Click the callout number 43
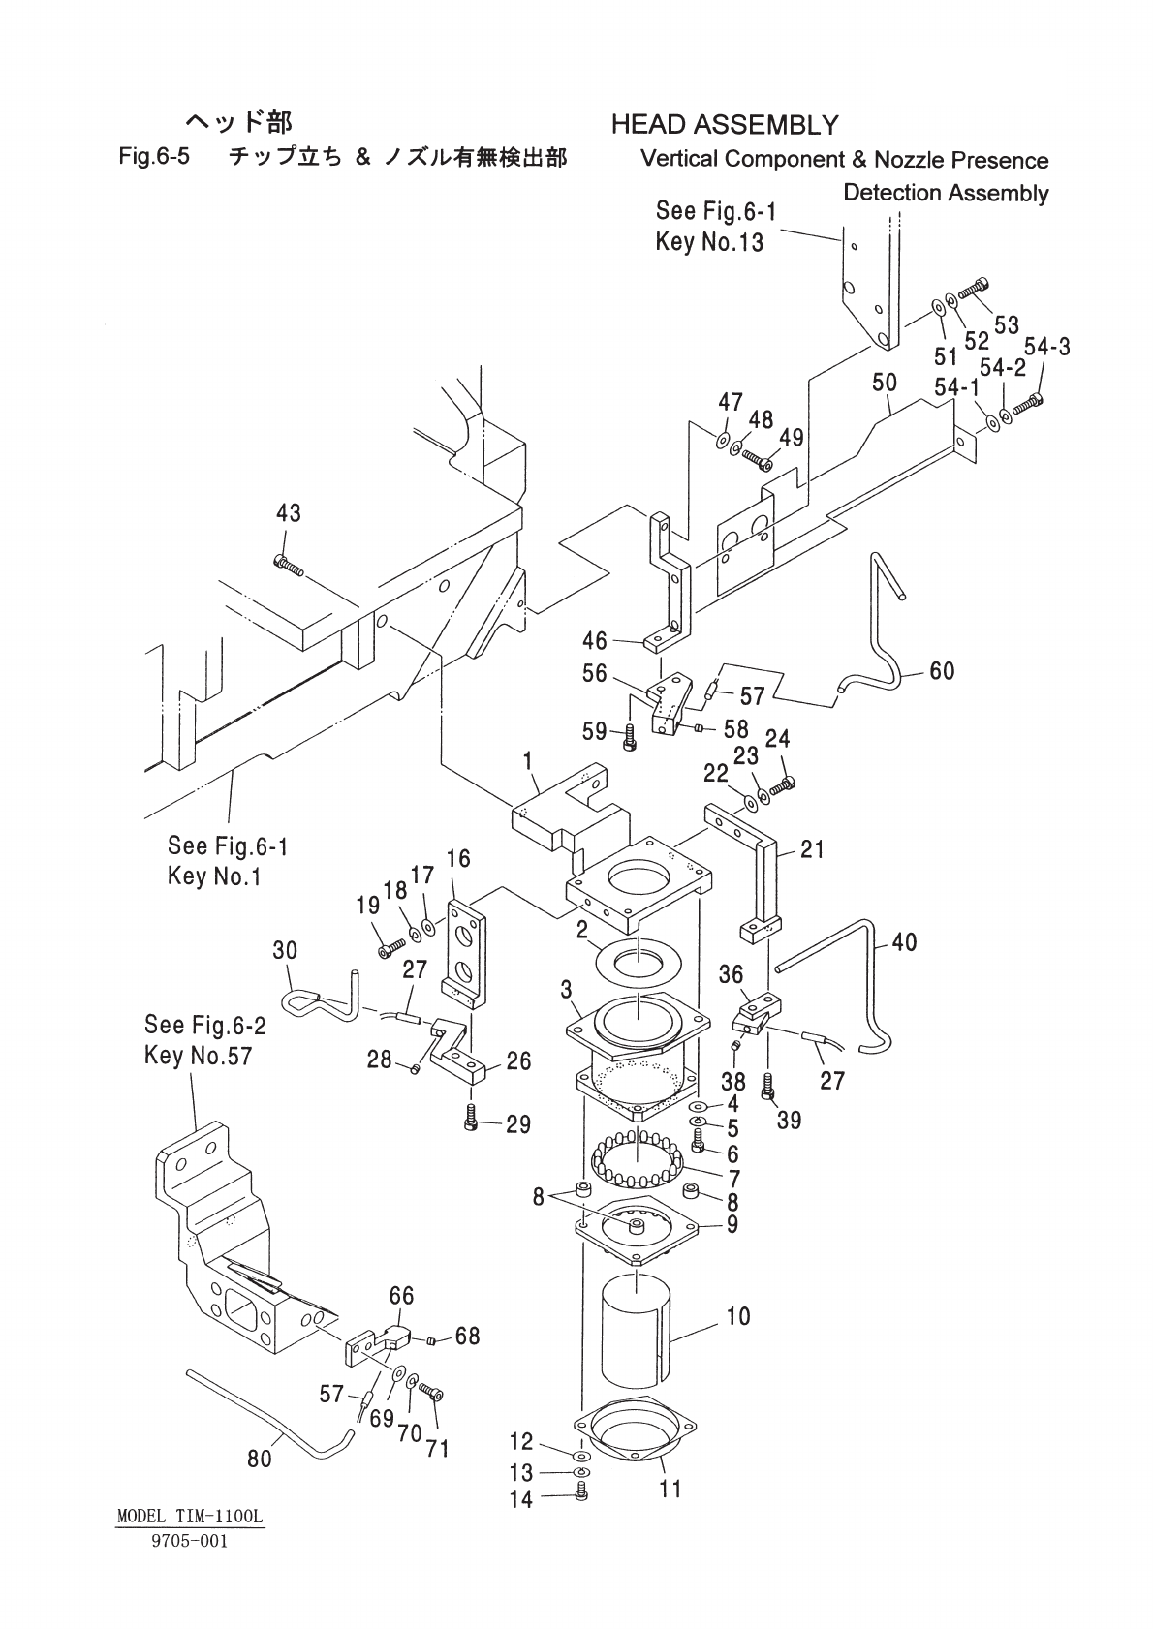tap(288, 513)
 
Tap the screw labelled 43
tap(288, 564)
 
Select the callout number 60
tap(942, 670)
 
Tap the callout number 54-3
tap(1047, 347)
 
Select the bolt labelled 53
tap(973, 290)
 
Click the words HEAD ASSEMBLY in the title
tap(725, 125)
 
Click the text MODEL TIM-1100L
tap(189, 1517)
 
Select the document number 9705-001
tap(189, 1541)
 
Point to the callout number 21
tap(812, 848)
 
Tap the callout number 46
tap(594, 641)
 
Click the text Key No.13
tap(709, 241)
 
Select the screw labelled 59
tap(630, 740)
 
